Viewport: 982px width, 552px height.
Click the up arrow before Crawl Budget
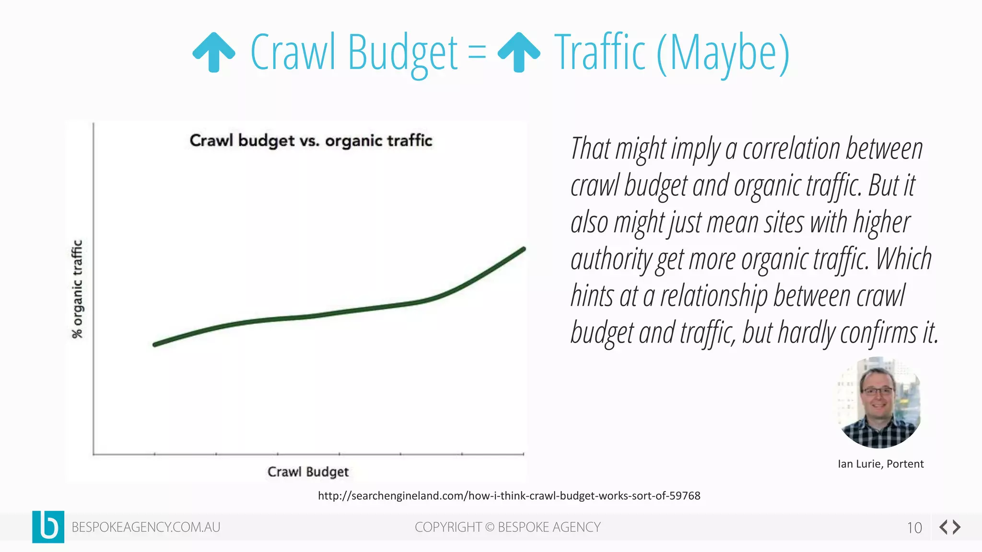pyautogui.click(x=213, y=52)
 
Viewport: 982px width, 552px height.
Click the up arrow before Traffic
pyautogui.click(x=519, y=52)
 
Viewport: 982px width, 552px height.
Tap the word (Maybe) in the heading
pyautogui.click(x=723, y=53)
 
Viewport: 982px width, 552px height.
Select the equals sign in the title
pyautogui.click(x=477, y=52)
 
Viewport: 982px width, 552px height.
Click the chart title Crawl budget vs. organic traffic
pyautogui.click(x=311, y=140)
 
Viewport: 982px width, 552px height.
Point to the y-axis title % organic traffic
pyautogui.click(x=77, y=289)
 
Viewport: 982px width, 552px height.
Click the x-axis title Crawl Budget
pyautogui.click(x=308, y=471)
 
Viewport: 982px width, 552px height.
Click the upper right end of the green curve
pyautogui.click(x=523, y=249)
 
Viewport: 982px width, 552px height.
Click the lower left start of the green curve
pyautogui.click(x=155, y=344)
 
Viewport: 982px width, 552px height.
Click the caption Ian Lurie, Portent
pyautogui.click(x=880, y=464)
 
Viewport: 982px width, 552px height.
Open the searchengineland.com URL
pyautogui.click(x=509, y=496)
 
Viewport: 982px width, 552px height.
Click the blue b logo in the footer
pyautogui.click(x=48, y=527)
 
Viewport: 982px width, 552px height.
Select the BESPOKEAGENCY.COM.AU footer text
pyautogui.click(x=146, y=527)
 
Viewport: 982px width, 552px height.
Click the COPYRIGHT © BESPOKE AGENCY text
pyautogui.click(x=507, y=527)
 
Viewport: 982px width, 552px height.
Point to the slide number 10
pyautogui.click(x=914, y=528)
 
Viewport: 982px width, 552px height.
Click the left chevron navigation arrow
pyautogui.click(x=943, y=527)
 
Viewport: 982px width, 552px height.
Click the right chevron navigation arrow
pyautogui.click(x=957, y=527)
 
